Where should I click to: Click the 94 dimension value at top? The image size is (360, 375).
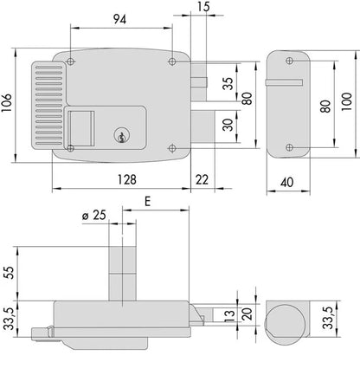[119, 19]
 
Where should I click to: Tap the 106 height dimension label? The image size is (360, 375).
[6, 102]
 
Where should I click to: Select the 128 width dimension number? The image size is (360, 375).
[127, 179]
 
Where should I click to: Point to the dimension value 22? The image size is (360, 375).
[202, 180]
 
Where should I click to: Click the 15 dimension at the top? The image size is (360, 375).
[204, 7]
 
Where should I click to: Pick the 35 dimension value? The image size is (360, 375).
[228, 84]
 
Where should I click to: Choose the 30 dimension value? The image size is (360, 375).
[228, 125]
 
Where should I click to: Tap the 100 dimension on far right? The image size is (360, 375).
[347, 101]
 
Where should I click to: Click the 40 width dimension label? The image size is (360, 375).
[287, 182]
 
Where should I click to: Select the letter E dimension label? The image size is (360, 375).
[147, 202]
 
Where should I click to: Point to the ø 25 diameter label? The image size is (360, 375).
[94, 216]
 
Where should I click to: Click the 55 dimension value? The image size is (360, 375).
[10, 273]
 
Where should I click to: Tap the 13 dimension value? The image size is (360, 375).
[230, 316]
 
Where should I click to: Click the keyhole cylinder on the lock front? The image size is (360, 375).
[121, 135]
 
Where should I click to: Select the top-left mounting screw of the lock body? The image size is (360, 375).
[70, 61]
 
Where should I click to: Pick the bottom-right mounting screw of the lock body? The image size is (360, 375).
[172, 148]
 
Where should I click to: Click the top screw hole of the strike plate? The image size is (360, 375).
[289, 61]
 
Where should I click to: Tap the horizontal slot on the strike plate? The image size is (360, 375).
[284, 82]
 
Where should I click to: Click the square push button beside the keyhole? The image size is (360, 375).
[81, 128]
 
